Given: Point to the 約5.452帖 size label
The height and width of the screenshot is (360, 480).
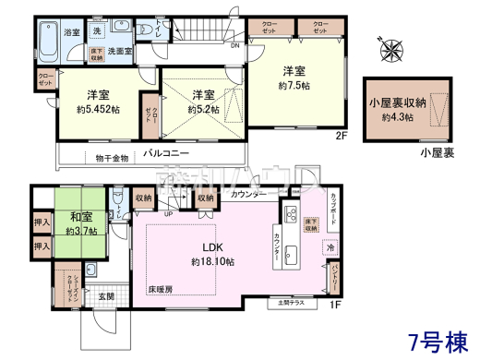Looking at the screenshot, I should tap(99, 109).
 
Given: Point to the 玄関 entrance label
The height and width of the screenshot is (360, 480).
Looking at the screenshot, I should tap(105, 295).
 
